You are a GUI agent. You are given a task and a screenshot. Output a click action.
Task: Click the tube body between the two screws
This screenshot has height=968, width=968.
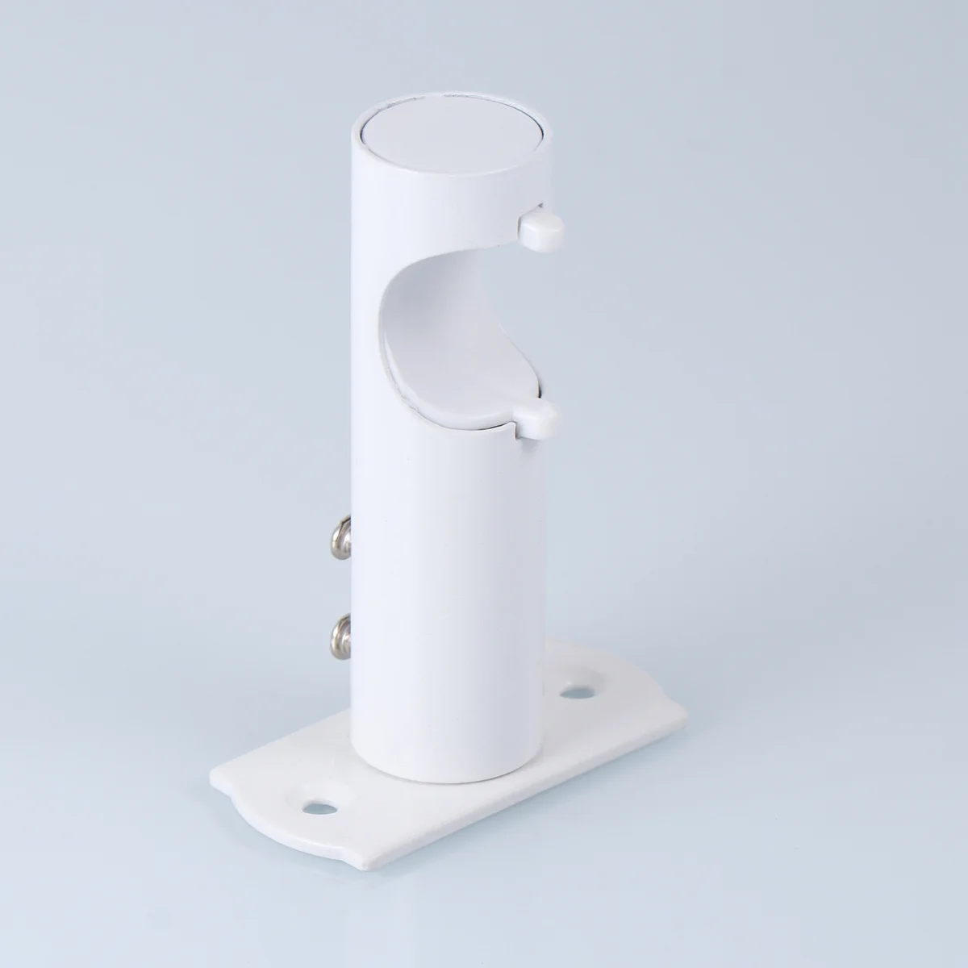tap(379, 581)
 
